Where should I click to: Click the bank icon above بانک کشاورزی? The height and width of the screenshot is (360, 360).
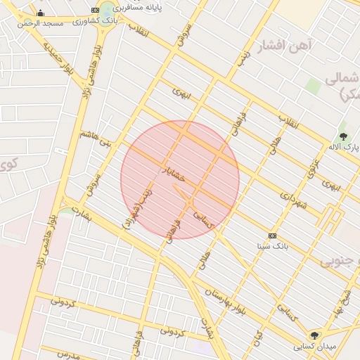click(96, 10)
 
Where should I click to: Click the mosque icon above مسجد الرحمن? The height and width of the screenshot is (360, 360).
click(40, 13)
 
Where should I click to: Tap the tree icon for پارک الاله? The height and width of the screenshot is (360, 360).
click(343, 136)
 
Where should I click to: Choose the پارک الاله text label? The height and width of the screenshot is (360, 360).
click(344, 147)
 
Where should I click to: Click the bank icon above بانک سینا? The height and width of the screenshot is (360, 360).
click(272, 236)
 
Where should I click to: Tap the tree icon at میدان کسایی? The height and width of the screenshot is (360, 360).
click(314, 335)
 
